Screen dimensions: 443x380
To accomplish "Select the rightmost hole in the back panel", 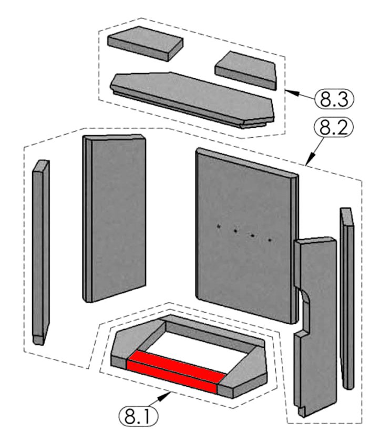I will pos(270,240).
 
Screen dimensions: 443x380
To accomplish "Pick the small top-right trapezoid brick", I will pos(246,68).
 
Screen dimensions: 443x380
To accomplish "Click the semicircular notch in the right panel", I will pos(303,301).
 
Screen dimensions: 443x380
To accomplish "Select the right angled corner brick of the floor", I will pos(247,370).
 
